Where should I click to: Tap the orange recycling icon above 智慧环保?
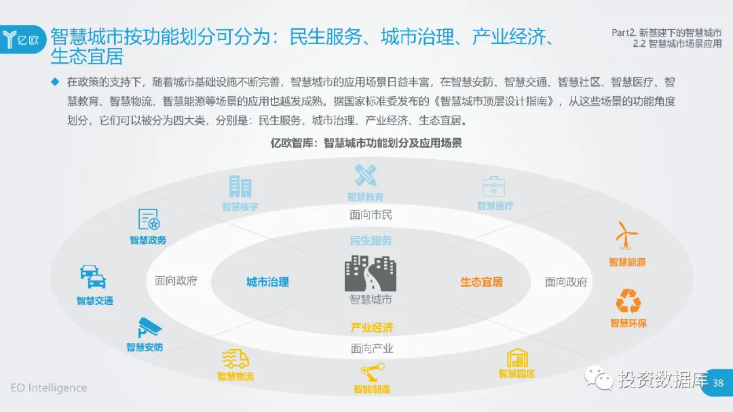(628, 301)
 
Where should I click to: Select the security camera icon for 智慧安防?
(149, 328)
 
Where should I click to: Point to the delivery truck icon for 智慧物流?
(235, 359)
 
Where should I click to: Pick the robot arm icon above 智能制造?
(372, 373)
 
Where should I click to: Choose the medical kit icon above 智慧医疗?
(493, 186)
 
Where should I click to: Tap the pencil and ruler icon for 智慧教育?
(366, 176)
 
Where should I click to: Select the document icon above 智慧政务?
(149, 220)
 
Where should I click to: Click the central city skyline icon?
(370, 273)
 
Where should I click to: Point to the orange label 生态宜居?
(481, 282)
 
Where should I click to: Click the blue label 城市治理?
(267, 282)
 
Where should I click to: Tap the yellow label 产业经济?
(371, 327)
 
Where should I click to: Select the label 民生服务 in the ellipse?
(371, 241)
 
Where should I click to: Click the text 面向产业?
(371, 349)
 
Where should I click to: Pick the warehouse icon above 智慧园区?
(517, 357)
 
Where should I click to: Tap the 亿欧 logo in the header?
(25, 38)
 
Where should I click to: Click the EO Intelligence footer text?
(49, 388)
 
